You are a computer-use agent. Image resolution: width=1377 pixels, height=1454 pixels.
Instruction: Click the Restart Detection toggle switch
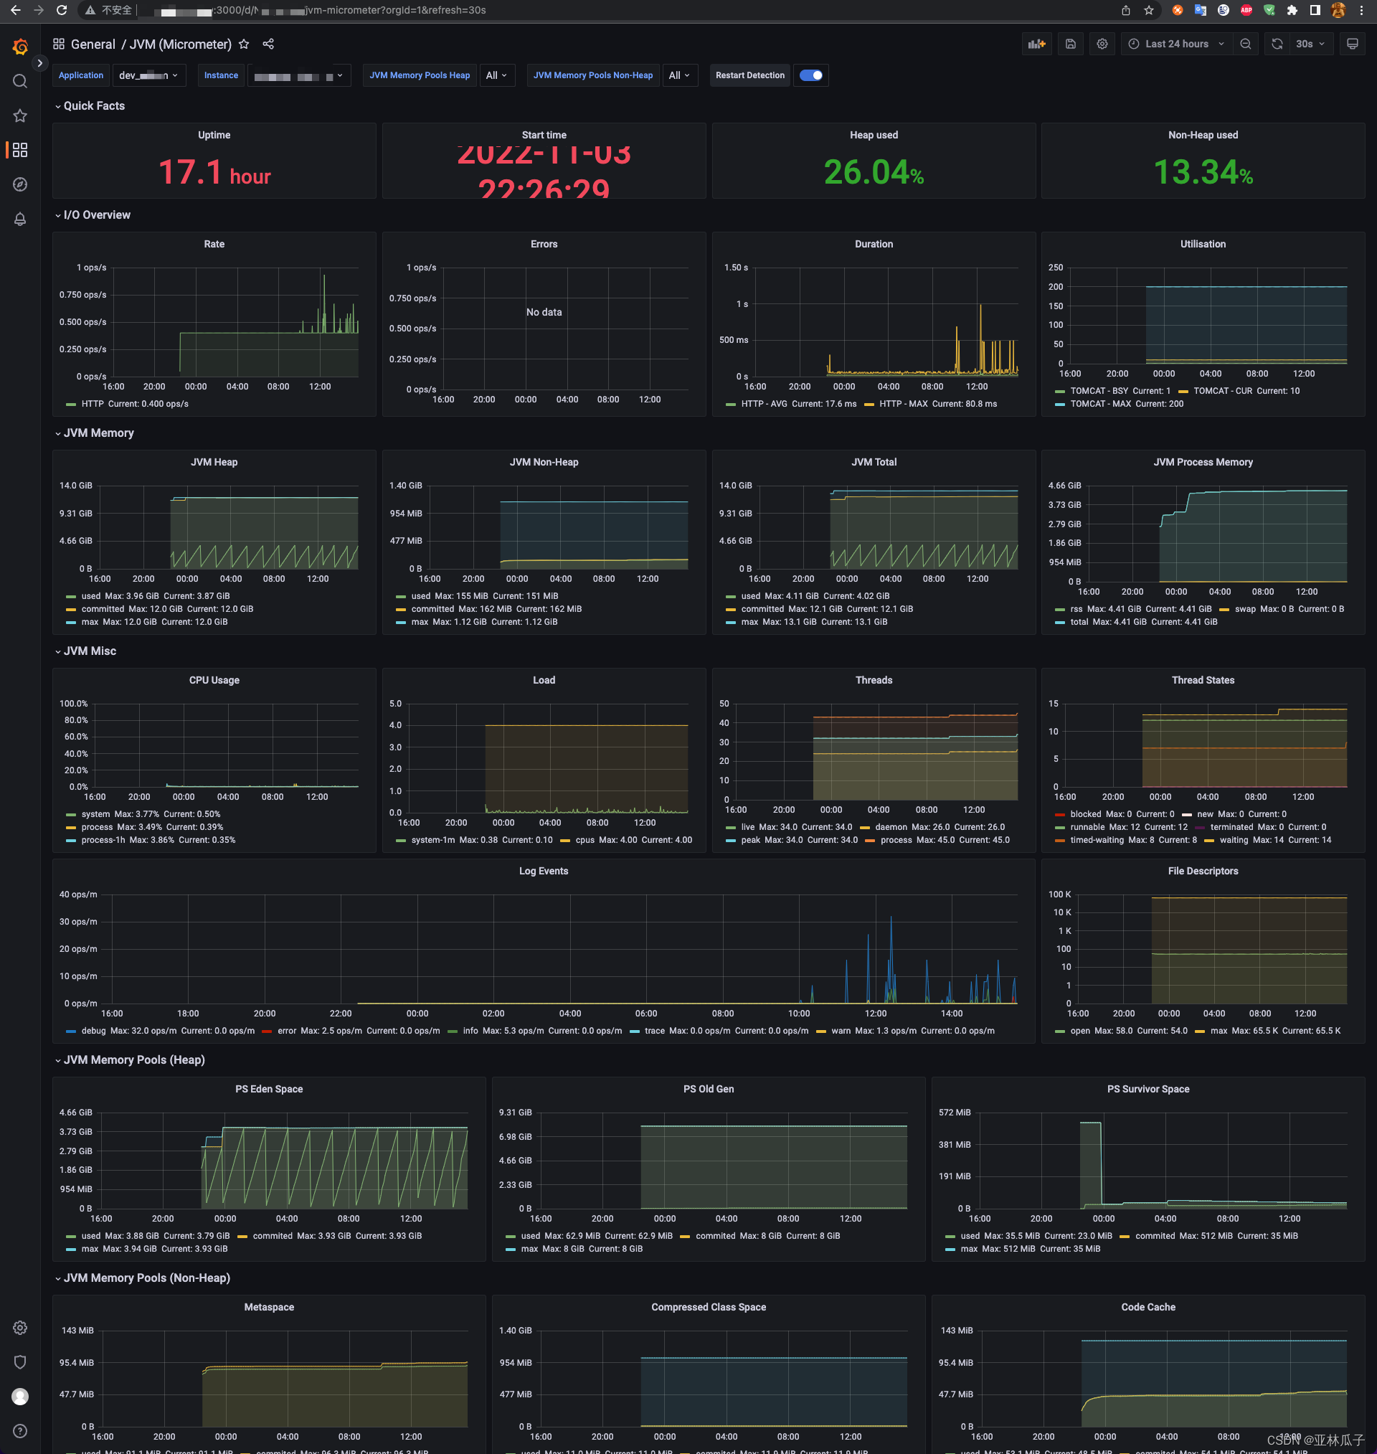click(810, 75)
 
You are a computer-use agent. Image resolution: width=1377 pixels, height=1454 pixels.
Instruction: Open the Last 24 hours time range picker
click(1176, 44)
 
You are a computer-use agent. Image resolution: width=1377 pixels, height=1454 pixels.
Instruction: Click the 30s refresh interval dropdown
click(1310, 44)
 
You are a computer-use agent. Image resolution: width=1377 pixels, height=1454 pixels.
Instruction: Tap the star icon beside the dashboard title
click(244, 44)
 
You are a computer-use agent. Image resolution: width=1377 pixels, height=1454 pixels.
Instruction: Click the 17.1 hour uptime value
click(214, 173)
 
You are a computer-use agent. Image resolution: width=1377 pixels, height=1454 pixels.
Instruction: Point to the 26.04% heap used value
click(873, 173)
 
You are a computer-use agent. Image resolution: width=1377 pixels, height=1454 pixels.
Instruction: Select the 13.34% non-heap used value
click(1202, 173)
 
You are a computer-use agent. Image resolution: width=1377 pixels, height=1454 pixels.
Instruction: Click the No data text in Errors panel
click(543, 312)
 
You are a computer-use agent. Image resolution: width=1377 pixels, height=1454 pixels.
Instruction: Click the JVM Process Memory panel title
click(1202, 462)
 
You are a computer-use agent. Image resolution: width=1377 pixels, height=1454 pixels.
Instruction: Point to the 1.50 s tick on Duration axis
click(736, 268)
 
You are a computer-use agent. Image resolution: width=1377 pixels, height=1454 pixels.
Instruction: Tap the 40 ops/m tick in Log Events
click(77, 894)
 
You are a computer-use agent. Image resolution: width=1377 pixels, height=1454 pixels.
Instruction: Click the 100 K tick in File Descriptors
click(1059, 894)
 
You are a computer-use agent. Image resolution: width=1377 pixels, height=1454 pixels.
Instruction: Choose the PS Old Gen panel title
click(708, 1088)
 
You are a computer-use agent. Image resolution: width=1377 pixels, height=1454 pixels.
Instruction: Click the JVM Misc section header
click(90, 651)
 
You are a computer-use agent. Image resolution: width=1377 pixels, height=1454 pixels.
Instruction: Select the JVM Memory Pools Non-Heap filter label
click(592, 75)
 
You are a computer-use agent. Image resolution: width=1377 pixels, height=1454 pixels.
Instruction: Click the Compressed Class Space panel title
click(708, 1306)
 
